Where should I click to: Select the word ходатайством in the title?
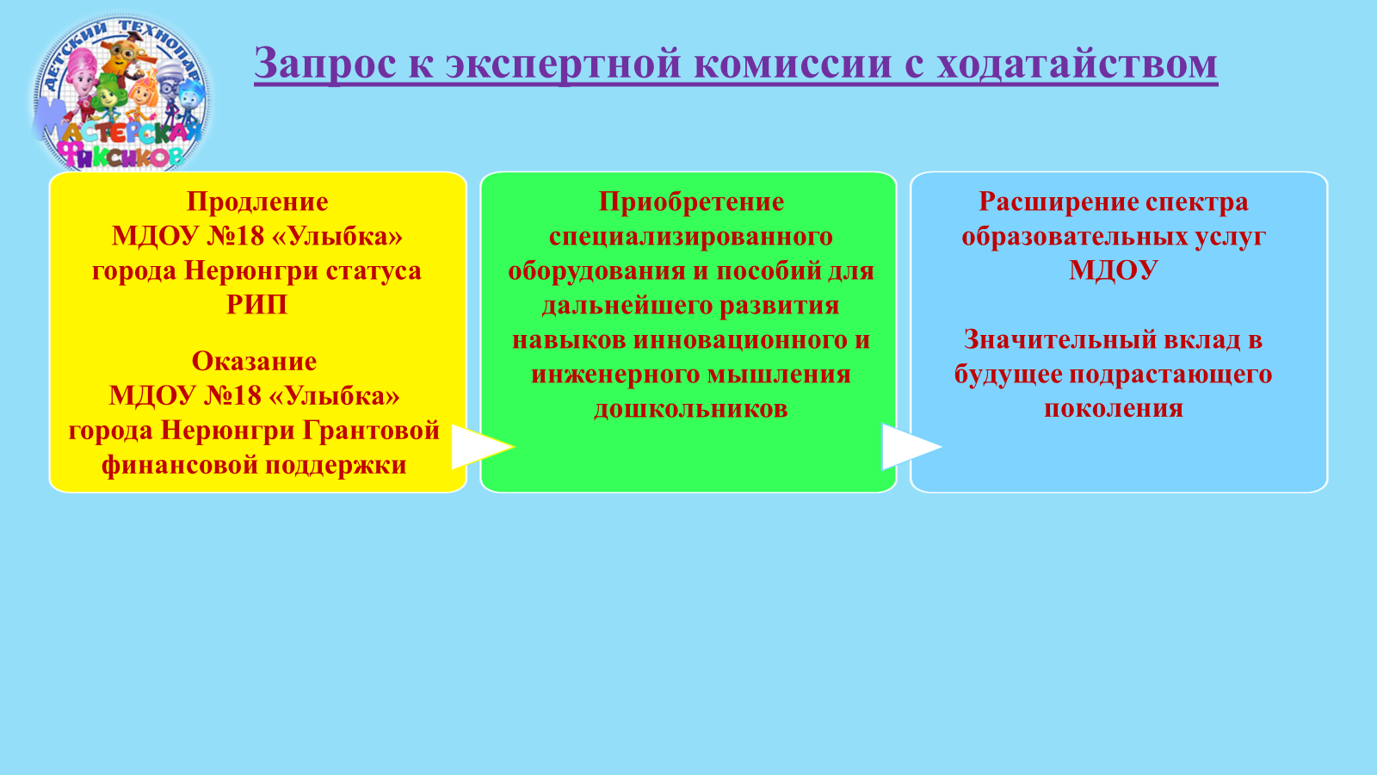pyautogui.click(x=1077, y=64)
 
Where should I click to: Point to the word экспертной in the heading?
pyautogui.click(x=564, y=65)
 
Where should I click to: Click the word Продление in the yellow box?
pyautogui.click(x=257, y=202)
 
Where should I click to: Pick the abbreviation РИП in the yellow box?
pyautogui.click(x=257, y=305)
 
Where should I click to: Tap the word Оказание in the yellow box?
pyautogui.click(x=255, y=361)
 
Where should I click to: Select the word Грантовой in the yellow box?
pyautogui.click(x=371, y=431)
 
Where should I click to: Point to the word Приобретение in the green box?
pyautogui.click(x=691, y=202)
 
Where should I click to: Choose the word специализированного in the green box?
pyautogui.click(x=691, y=237)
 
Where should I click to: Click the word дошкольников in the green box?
pyautogui.click(x=691, y=409)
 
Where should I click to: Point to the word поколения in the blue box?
pyautogui.click(x=1114, y=409)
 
